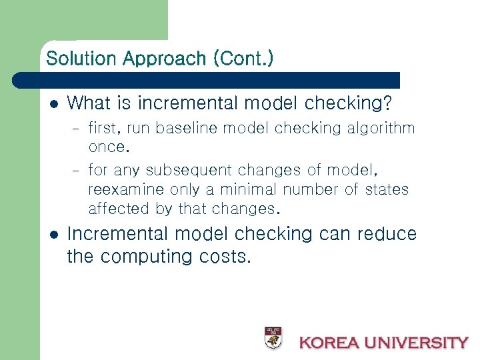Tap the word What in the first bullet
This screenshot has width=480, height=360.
click(90, 103)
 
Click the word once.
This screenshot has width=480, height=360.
click(107, 147)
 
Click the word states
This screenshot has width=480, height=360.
click(386, 190)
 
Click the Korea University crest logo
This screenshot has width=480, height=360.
click(273, 338)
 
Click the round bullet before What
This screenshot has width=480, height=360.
click(55, 104)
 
